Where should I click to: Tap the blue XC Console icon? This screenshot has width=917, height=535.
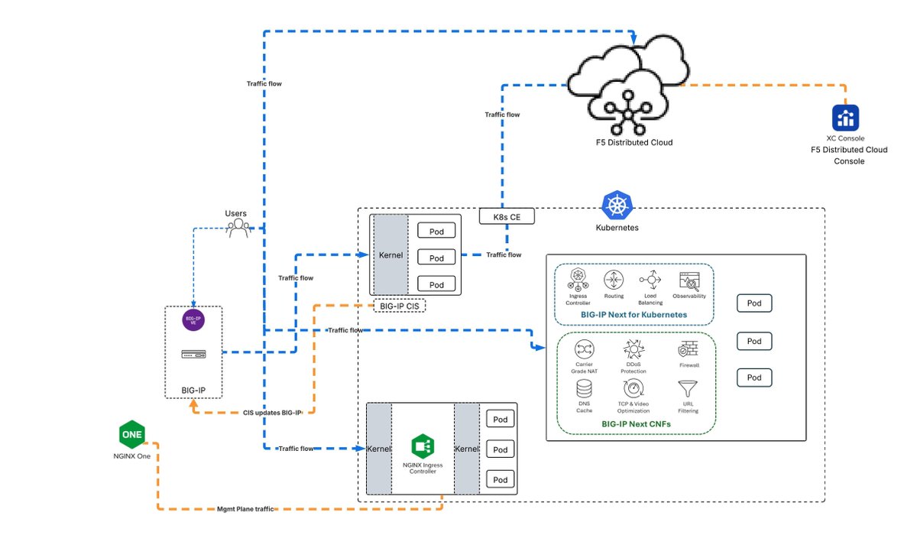coord(846,118)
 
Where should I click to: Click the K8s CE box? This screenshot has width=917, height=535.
coord(507,216)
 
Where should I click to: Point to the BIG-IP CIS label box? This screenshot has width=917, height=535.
coord(398,306)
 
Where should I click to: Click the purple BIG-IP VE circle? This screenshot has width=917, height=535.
coord(193,320)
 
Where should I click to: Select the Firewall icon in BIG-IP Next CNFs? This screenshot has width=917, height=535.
coord(688,349)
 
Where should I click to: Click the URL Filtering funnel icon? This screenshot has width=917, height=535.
coord(688,388)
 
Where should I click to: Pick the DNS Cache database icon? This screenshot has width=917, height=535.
coord(584,388)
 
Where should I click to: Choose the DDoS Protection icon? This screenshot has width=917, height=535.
coord(633,350)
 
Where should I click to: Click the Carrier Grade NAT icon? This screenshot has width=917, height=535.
coord(584,349)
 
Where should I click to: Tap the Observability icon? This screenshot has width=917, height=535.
coord(689,280)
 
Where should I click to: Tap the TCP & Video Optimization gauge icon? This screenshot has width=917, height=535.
coord(633,388)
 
